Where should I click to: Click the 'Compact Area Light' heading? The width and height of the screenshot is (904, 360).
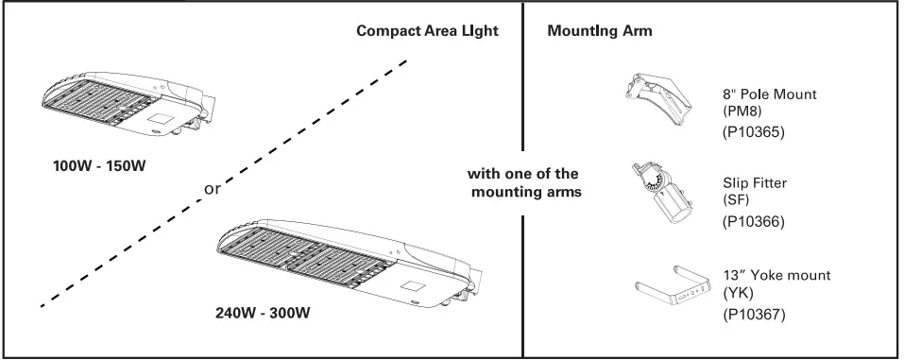tap(427, 31)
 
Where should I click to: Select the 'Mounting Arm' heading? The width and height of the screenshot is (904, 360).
tap(600, 31)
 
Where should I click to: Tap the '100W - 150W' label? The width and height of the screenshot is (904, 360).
tap(100, 166)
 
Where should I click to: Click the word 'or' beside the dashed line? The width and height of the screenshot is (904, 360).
tap(213, 189)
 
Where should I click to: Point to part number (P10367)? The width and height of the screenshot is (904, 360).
tap(753, 313)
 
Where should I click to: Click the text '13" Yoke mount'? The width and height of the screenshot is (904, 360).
tap(776, 275)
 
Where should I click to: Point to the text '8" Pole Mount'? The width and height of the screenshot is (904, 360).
tap(769, 94)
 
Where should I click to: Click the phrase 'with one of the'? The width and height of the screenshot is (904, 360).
tap(523, 174)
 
